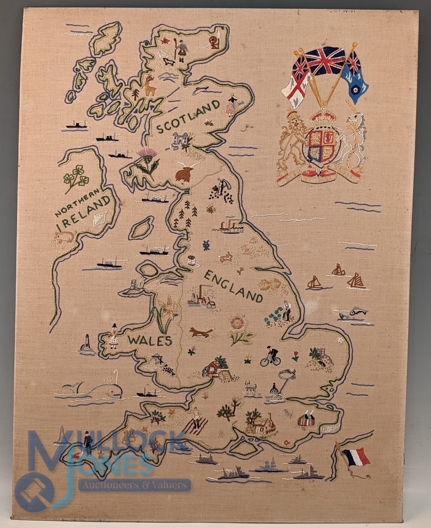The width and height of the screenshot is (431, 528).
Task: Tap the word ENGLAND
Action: [233, 286]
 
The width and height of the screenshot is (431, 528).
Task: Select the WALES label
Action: [150, 341]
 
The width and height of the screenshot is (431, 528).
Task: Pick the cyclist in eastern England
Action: [270, 356]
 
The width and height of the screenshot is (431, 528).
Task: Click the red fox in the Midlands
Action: [200, 332]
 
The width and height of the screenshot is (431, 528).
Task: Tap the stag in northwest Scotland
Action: [149, 85]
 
